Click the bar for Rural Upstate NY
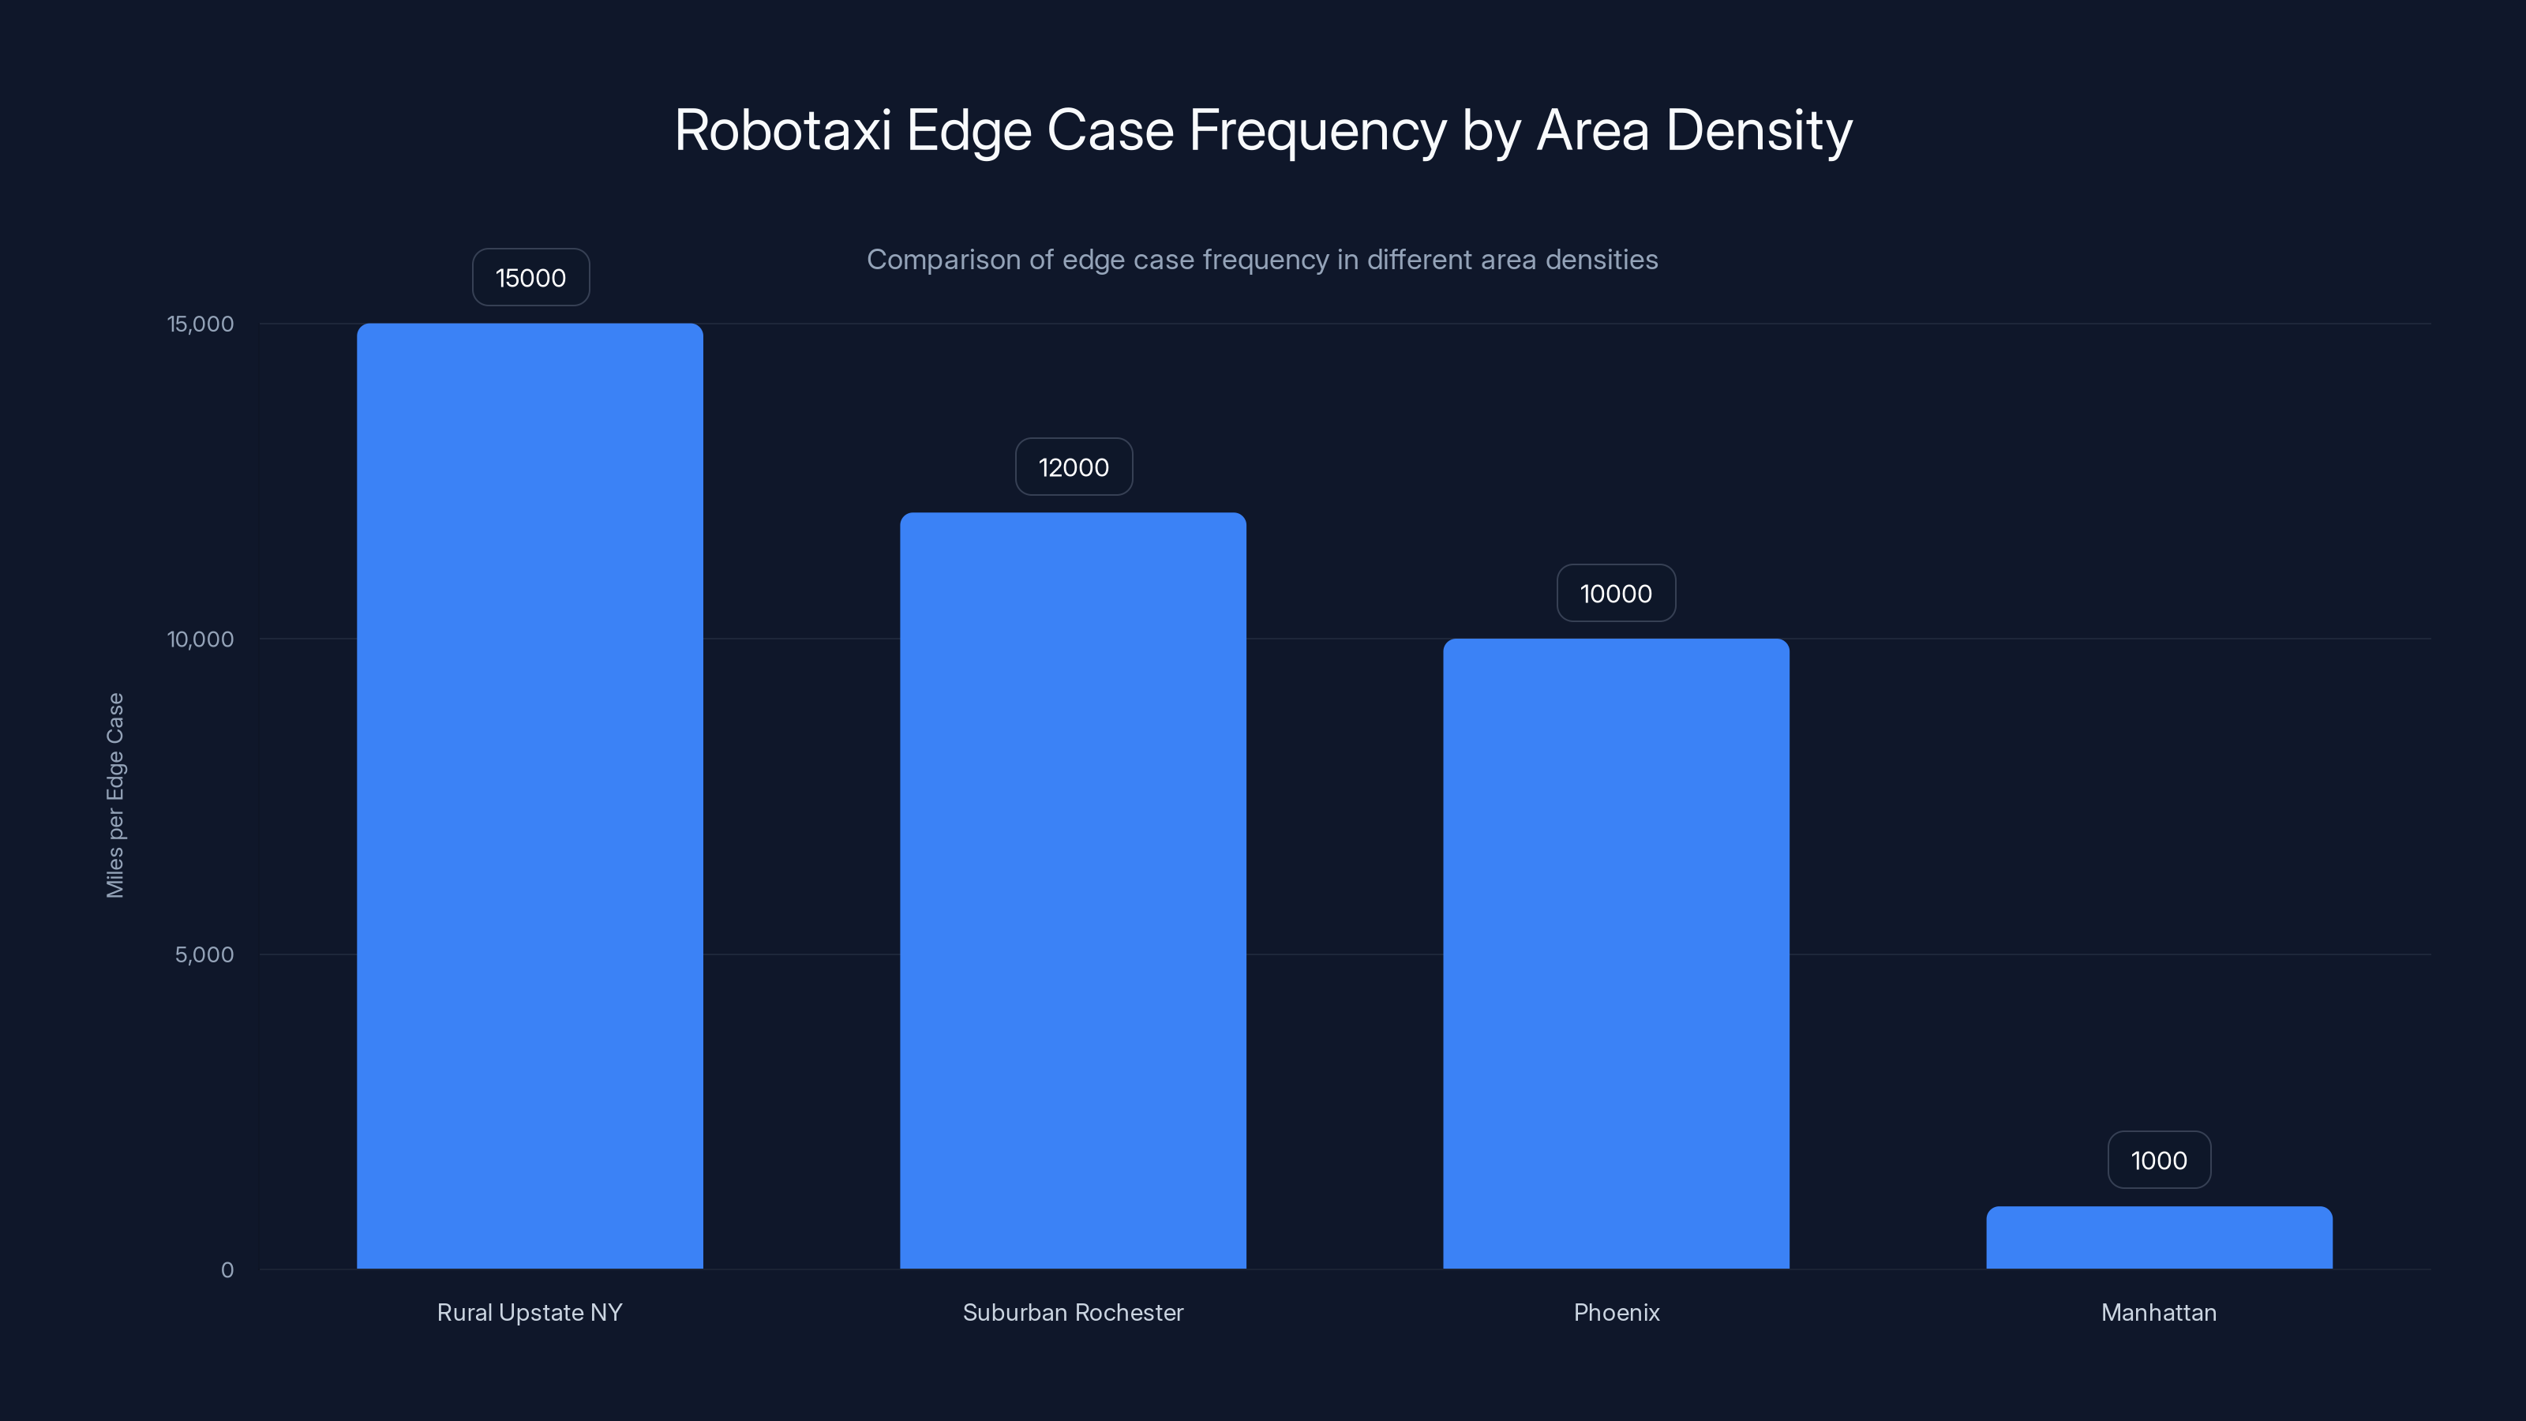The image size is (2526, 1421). pos(530,794)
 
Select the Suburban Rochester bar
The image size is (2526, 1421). pos(1073,890)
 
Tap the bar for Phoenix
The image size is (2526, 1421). pos(1616,952)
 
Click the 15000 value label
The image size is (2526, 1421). pos(530,278)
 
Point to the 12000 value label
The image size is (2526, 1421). pos(1074,467)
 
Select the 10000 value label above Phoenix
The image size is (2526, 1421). pos(1616,594)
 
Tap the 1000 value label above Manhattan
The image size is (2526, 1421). pos(2159,1160)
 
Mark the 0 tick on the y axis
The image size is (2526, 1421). pos(227,1270)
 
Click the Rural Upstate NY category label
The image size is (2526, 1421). pos(530,1312)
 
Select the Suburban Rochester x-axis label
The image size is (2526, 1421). pos(1073,1312)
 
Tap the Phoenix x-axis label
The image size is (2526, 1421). pos(1616,1312)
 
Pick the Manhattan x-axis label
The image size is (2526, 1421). pos(2158,1312)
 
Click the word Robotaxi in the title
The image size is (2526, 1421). pos(782,130)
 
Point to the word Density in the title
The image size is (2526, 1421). pos(1760,130)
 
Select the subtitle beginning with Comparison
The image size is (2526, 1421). pos(1262,260)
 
